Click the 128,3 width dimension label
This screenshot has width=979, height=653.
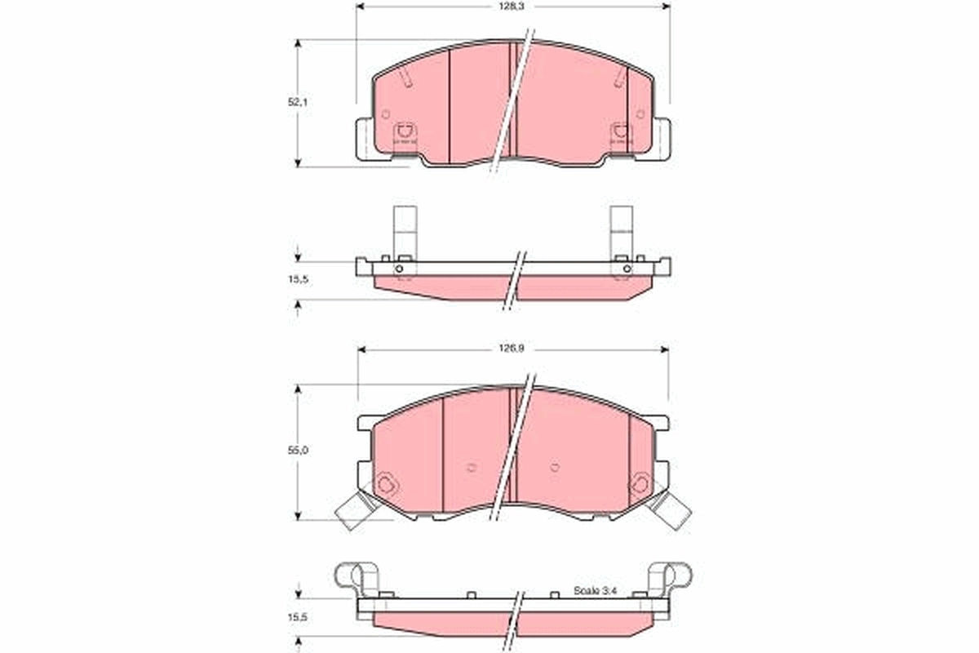(512, 5)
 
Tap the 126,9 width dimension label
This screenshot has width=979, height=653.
(512, 349)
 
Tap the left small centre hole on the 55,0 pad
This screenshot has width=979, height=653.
(471, 468)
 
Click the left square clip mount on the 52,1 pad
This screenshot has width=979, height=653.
(404, 131)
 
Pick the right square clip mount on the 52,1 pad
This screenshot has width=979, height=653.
(621, 131)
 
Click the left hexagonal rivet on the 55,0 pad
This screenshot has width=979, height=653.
(388, 485)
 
